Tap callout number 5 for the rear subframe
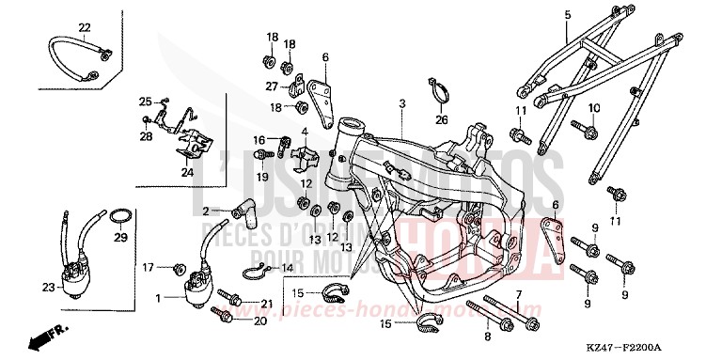568,14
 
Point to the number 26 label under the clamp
441,119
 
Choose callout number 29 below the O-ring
120,238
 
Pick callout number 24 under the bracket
187,172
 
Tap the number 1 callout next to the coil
158,297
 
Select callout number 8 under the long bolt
487,336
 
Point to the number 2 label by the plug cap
205,211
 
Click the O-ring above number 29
119,218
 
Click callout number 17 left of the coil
149,268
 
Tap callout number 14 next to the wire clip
288,268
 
